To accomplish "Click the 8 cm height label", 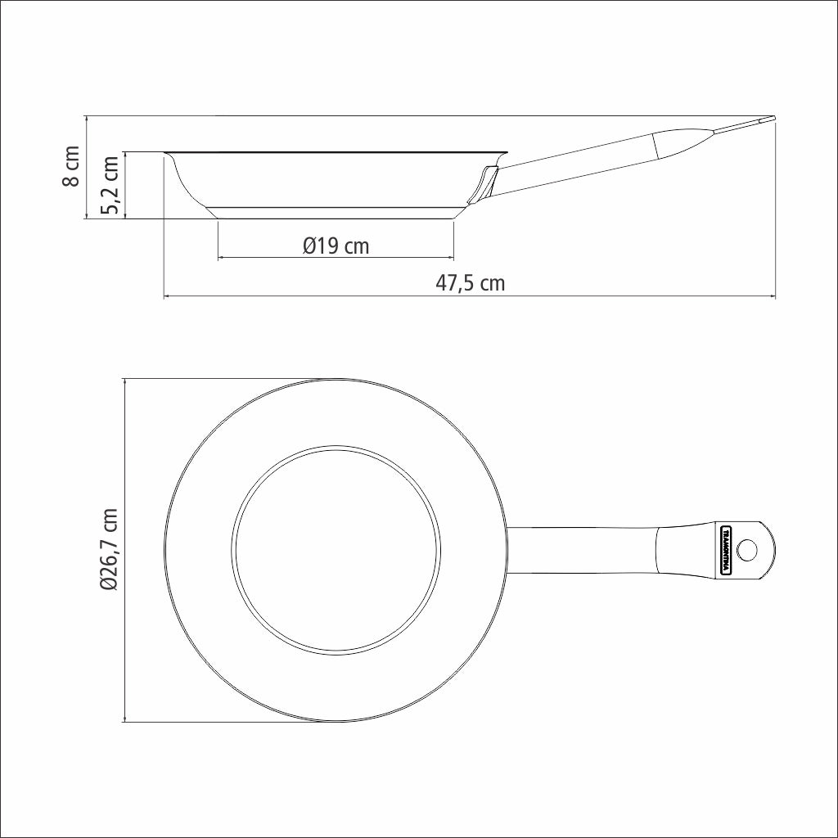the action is tap(71, 166).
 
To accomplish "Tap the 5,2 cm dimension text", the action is tap(110, 185).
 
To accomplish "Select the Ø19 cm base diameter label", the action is tap(336, 246).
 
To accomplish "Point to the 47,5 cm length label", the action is tap(470, 282).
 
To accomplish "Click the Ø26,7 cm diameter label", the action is tap(109, 550).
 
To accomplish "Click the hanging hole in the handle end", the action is tap(747, 550).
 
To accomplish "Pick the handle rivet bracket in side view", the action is tap(483, 185).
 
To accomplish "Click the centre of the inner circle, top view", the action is tap(336, 550).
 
